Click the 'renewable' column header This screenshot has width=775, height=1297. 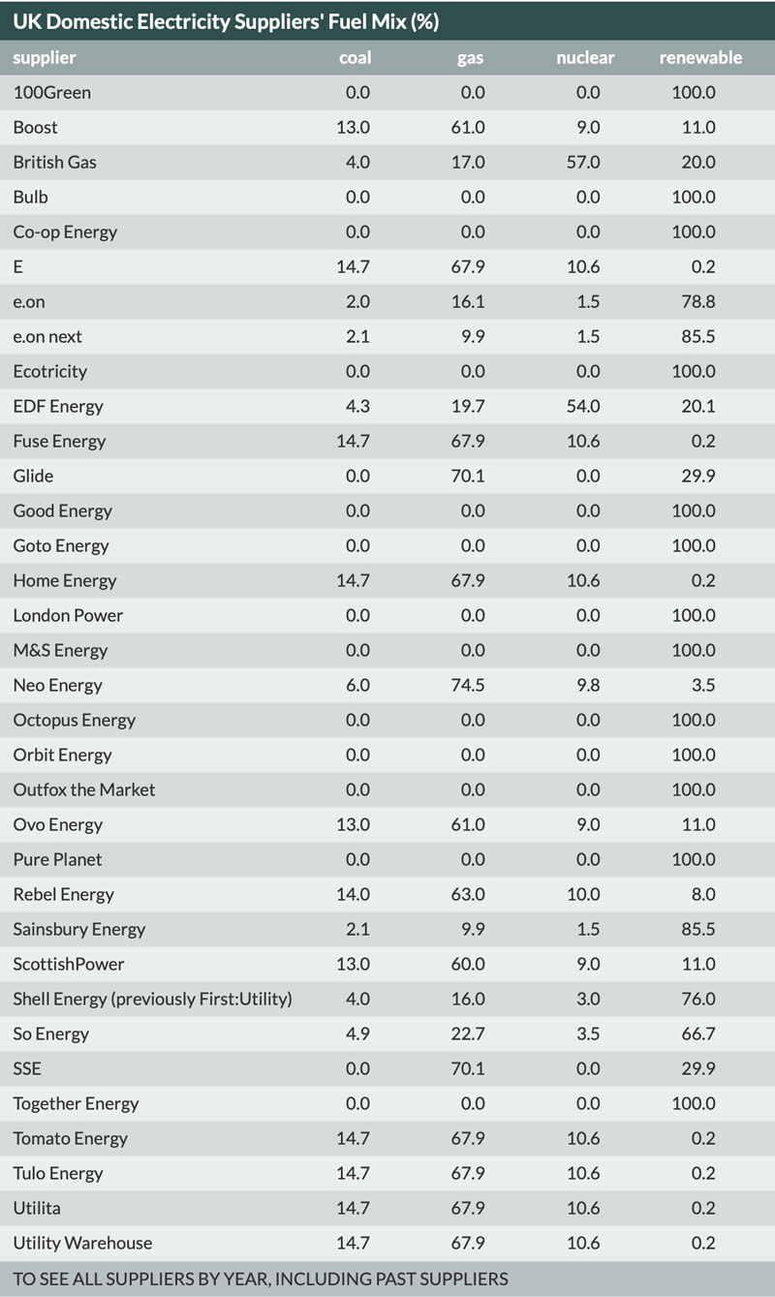click(x=700, y=57)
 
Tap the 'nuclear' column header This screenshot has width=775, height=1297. click(x=585, y=57)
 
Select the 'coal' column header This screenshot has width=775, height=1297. click(x=355, y=57)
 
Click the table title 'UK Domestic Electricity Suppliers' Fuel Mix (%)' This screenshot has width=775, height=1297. click(x=226, y=20)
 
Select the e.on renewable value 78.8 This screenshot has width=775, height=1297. click(x=697, y=301)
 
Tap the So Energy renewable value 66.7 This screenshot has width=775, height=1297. click(x=697, y=1034)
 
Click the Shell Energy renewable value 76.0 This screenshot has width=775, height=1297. click(x=697, y=999)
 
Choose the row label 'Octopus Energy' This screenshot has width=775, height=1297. click(x=75, y=720)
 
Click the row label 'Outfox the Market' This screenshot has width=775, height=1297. click(x=84, y=789)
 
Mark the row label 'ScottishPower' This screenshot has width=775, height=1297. click(x=69, y=964)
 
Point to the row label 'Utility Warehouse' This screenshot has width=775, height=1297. click(x=82, y=1243)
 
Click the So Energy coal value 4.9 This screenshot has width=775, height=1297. click(x=357, y=1034)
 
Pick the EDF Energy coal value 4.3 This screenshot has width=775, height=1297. click(x=357, y=406)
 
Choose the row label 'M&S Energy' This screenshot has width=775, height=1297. click(x=60, y=650)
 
